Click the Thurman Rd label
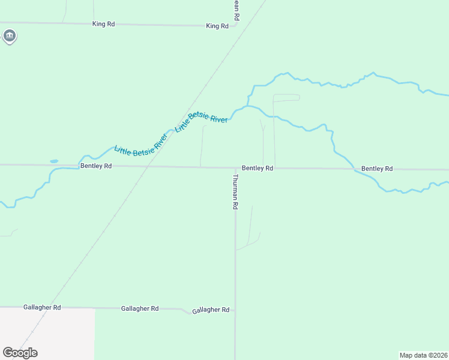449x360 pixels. [x=236, y=191]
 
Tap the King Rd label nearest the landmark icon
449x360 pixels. [x=103, y=24]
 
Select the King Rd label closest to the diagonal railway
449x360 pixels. [x=217, y=26]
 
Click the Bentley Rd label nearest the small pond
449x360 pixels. [x=96, y=166]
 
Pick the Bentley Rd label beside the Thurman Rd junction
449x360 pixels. [x=258, y=169]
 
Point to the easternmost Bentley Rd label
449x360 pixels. [x=377, y=169]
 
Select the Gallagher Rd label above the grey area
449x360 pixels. [x=42, y=307]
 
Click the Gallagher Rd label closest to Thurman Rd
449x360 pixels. [x=211, y=310]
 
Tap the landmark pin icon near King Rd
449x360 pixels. [x=9, y=37]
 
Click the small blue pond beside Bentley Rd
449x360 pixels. [x=54, y=161]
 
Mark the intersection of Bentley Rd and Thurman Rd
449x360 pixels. [x=235, y=168]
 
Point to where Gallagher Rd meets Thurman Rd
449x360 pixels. [x=235, y=311]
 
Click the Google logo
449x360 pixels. [x=20, y=353]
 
